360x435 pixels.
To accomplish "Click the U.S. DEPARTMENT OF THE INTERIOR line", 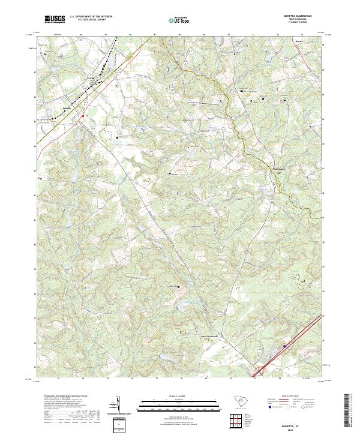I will point(90,16).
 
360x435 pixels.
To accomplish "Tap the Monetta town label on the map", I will point(66,108).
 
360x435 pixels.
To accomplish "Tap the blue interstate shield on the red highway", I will point(284,346).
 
